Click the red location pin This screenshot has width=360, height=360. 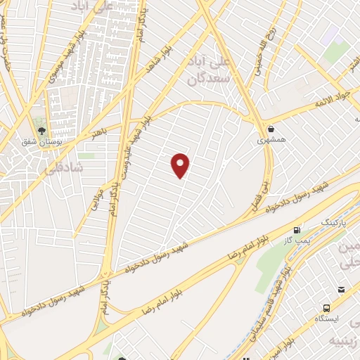click(x=181, y=165)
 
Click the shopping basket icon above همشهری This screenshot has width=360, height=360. click(x=271, y=128)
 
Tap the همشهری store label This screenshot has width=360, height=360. click(x=271, y=140)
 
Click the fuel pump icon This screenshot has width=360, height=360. click(x=296, y=229)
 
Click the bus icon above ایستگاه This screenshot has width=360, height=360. click(x=326, y=308)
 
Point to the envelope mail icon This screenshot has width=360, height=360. click(x=341, y=290)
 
